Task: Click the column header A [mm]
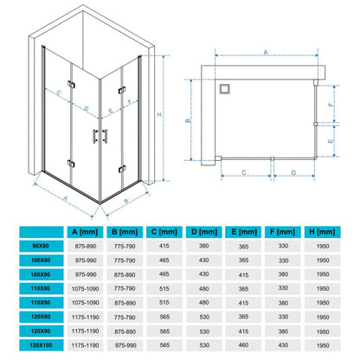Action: coord(85,232)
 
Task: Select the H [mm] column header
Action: coord(322,232)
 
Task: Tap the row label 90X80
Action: coord(41,246)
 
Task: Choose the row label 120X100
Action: coord(41,345)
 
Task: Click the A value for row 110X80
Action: coord(85,288)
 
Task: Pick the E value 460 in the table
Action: coord(243,345)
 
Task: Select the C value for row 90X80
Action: coord(164,246)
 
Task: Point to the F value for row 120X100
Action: coord(283,345)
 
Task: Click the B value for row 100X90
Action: coord(125,274)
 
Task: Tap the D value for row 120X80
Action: coord(204,317)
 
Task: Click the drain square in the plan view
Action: coord(224,89)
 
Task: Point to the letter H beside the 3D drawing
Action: coord(159,114)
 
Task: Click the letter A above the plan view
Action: coord(266,52)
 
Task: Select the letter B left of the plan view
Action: coord(188,120)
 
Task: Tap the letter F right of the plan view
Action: coord(331,105)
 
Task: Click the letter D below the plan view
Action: coord(293,173)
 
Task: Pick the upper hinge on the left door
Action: coord(71,84)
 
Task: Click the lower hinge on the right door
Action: coord(122,169)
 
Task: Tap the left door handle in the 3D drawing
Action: coord(95,136)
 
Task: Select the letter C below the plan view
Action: coord(244,173)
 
